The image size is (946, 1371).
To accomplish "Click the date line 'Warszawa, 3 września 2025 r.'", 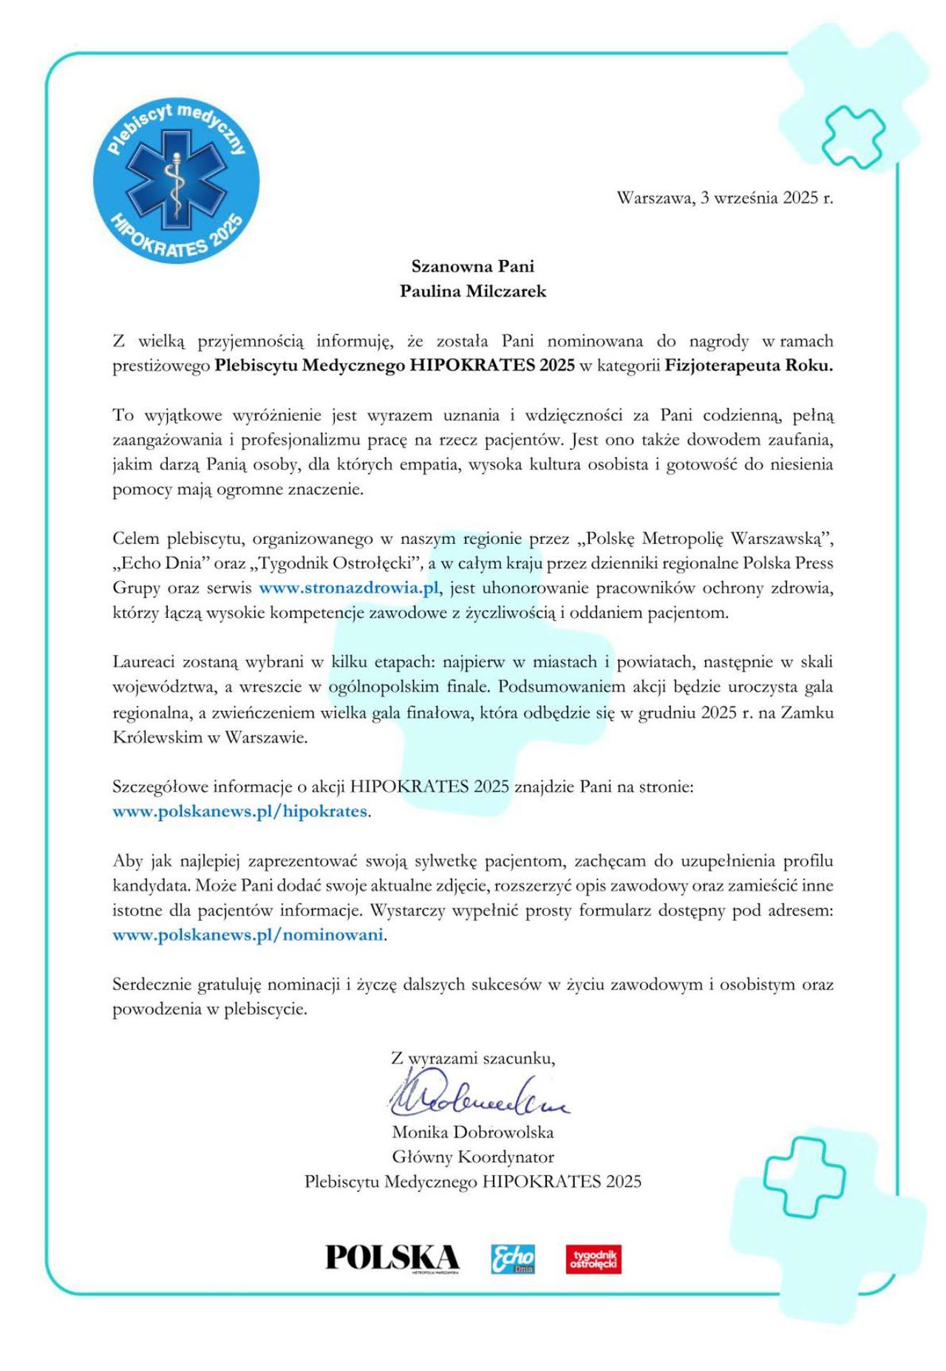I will tap(724, 198).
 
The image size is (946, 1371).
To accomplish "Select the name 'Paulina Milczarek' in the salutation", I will tap(473, 291).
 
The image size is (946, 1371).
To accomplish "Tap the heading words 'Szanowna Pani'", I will tap(473, 266).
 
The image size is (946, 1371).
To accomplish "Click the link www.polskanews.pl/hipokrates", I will tap(239, 811).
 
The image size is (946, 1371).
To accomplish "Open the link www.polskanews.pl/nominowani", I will tap(248, 935).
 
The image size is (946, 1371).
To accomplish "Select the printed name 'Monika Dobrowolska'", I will tap(473, 1132).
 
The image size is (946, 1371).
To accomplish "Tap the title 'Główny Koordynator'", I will tap(473, 1157).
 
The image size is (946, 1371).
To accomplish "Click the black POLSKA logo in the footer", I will tap(392, 1258).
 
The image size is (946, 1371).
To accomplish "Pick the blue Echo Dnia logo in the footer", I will tap(513, 1259).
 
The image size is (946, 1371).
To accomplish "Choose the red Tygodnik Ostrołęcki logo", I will tap(593, 1259).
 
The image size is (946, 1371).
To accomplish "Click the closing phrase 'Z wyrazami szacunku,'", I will tap(473, 1058).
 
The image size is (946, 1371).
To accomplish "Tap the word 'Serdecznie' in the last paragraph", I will tap(152, 984).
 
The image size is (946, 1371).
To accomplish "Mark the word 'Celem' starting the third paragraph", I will tap(136, 538).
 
